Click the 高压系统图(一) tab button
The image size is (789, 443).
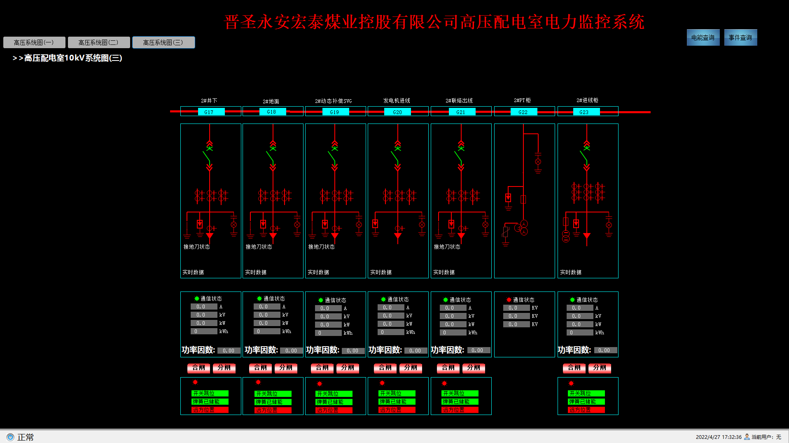pos(34,42)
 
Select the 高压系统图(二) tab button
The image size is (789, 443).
pos(99,42)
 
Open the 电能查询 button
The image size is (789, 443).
pos(703,37)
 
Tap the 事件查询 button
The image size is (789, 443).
pos(740,37)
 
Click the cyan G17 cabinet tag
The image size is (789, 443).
pos(209,112)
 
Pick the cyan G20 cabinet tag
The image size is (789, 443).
pos(397,112)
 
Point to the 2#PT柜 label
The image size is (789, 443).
pos(522,100)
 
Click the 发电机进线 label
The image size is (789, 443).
pos(397,100)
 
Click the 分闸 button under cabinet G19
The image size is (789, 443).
pos(348,368)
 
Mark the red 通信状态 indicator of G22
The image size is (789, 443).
pos(509,300)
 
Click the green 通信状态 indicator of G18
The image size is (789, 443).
pos(259,298)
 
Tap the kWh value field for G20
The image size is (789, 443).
pos(391,332)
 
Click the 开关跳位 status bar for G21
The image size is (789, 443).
pos(460,394)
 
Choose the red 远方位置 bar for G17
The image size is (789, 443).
pos(210,410)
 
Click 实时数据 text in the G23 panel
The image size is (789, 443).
pos(571,272)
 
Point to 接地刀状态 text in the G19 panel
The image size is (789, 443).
pos(321,247)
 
